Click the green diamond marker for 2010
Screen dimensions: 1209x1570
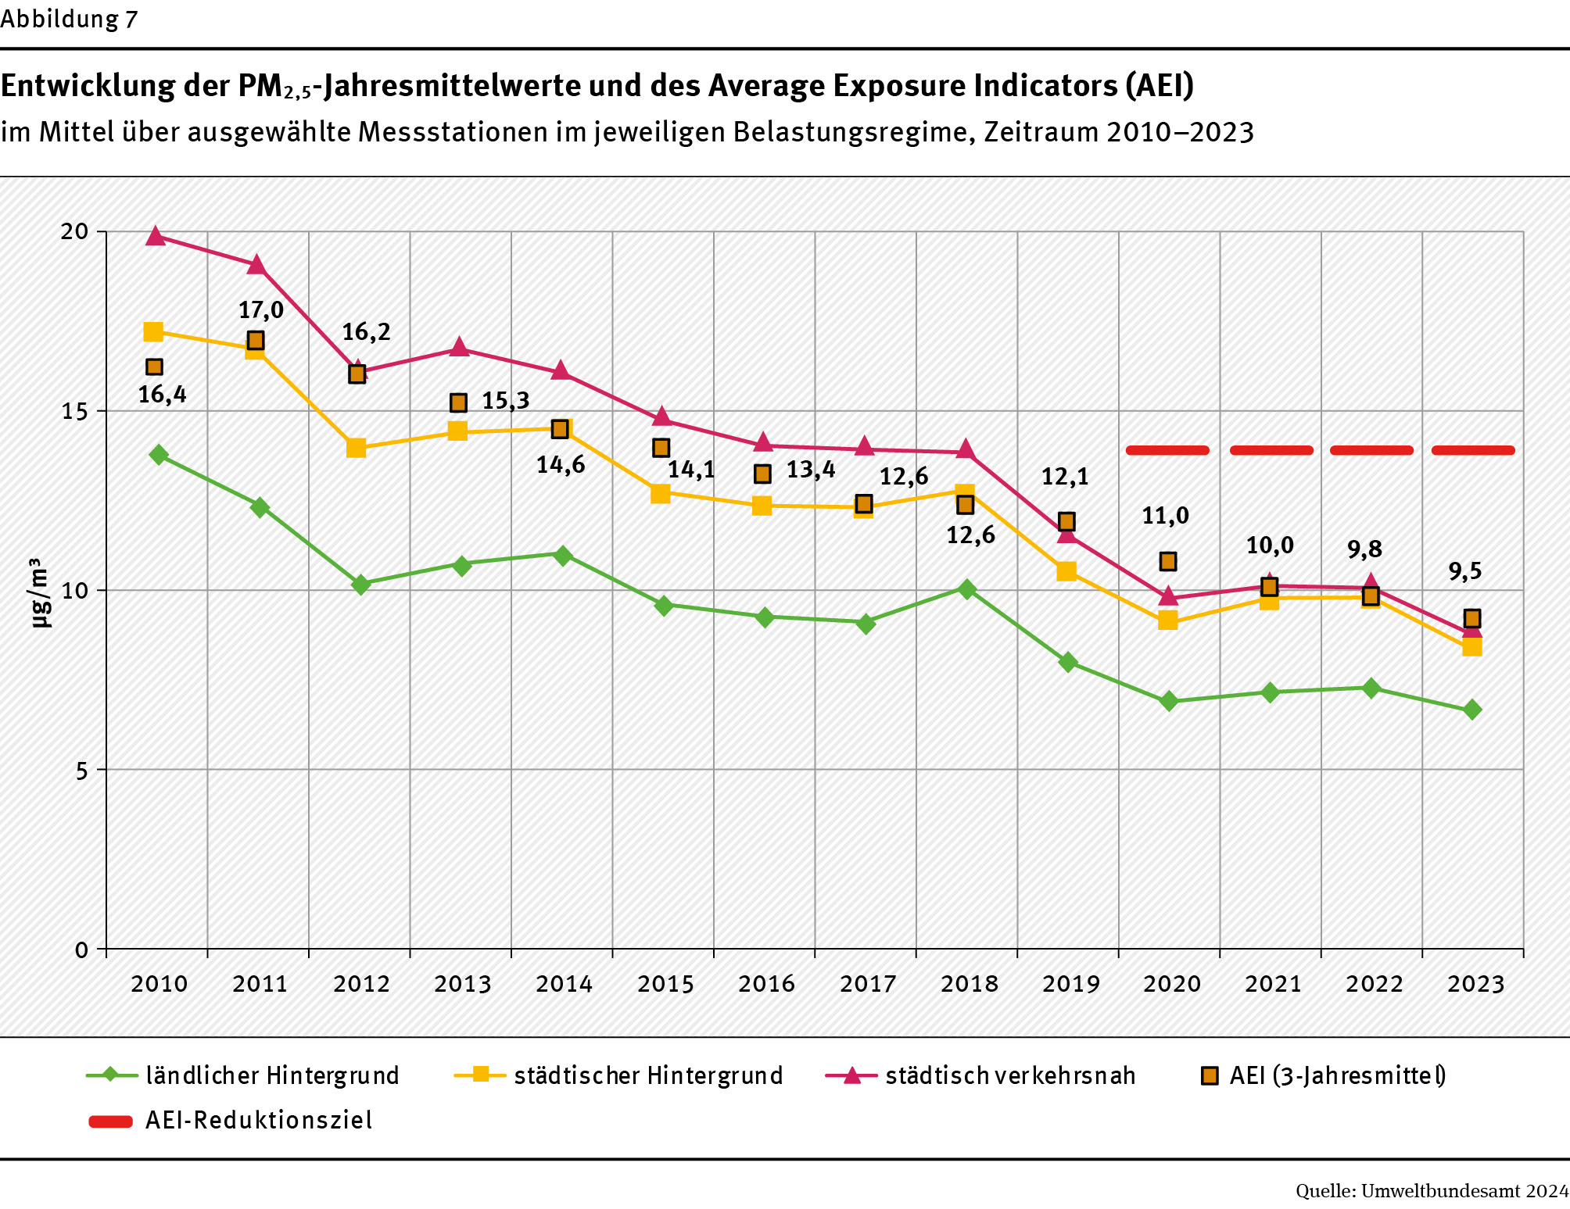tap(159, 455)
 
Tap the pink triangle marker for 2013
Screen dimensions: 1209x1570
tap(460, 348)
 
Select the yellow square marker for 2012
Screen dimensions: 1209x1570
tap(357, 448)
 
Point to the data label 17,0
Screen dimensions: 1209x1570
tap(261, 310)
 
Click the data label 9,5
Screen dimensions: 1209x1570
tap(1464, 571)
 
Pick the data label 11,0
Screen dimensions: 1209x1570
tap(1165, 516)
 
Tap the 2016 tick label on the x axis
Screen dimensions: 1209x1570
tap(766, 983)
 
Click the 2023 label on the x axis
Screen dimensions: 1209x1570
tap(1475, 983)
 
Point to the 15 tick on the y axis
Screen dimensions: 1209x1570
tap(75, 411)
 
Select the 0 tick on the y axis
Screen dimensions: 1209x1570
tap(81, 950)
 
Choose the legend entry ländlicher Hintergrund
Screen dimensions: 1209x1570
tap(272, 1075)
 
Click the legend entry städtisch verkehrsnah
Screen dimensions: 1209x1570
tap(1010, 1075)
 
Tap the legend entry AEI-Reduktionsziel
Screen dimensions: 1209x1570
tap(259, 1121)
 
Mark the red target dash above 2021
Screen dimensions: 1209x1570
tap(1271, 450)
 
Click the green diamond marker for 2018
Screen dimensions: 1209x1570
tap(967, 589)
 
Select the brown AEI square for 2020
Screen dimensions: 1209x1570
tap(1168, 561)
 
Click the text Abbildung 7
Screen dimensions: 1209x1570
tap(70, 19)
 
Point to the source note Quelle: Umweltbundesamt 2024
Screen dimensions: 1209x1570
tap(1432, 1191)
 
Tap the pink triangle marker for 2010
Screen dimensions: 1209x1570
tap(156, 236)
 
